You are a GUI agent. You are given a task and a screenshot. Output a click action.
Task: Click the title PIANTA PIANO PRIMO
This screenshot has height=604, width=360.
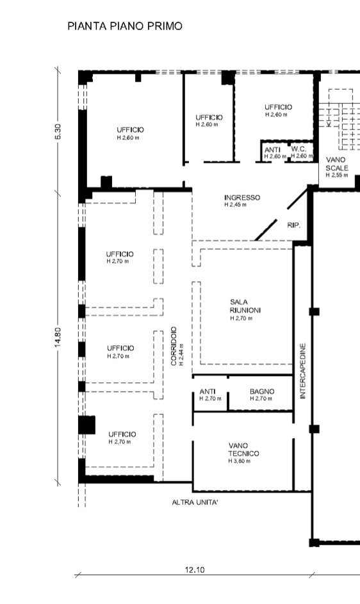[x=124, y=26]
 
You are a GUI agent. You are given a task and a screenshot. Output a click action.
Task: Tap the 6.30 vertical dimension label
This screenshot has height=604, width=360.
[x=58, y=131]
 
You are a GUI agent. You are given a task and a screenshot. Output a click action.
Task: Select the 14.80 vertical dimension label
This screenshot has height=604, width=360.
[x=58, y=337]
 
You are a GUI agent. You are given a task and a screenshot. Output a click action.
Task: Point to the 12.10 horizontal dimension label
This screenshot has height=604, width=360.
[x=195, y=569]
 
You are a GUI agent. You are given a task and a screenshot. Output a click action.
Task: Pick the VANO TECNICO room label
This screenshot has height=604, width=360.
[x=243, y=450]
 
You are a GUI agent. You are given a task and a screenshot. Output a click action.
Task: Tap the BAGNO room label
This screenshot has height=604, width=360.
[x=262, y=391]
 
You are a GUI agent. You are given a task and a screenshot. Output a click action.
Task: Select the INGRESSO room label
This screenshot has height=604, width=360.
[x=242, y=198]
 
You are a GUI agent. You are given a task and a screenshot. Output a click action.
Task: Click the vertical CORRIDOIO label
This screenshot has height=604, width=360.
[x=174, y=347]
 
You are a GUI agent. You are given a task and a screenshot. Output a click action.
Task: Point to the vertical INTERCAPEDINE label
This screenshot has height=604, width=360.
[x=302, y=371]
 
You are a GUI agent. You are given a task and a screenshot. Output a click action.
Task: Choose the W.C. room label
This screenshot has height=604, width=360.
[x=299, y=149]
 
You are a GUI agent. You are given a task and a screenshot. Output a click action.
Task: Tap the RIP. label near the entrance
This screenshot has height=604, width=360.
[x=294, y=225]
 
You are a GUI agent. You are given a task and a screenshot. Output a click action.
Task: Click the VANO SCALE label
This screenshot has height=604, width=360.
[x=337, y=164]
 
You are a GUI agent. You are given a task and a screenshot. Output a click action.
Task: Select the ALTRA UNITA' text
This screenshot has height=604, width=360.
[x=195, y=502]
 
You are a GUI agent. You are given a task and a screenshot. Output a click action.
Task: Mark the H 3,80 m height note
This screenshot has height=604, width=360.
[x=240, y=461]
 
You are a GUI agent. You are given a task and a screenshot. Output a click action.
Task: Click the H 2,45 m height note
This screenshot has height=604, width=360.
[x=236, y=204]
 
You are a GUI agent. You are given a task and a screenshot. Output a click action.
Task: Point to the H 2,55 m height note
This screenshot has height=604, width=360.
[x=337, y=175]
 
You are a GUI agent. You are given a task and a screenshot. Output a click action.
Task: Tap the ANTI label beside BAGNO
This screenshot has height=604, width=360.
[x=208, y=391]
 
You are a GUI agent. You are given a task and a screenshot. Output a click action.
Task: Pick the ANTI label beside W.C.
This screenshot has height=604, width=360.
[x=272, y=149]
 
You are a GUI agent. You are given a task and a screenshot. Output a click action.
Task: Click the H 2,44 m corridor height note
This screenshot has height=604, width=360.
[x=181, y=354]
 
